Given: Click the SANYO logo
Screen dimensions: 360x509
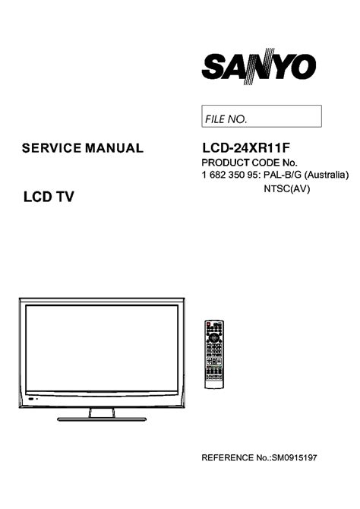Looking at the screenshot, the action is [259, 67].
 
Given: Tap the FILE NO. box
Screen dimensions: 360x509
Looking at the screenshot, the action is [261, 116].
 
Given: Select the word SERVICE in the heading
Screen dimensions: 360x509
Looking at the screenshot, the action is [52, 148].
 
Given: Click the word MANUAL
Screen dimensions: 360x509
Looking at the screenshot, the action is [114, 148].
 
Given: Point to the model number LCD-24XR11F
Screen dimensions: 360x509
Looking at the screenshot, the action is [246, 148].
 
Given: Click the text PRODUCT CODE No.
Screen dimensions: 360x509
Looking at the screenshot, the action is [250, 163].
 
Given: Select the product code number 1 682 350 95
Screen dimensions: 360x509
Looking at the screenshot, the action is [230, 175].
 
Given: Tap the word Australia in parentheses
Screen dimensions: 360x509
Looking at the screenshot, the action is [327, 175].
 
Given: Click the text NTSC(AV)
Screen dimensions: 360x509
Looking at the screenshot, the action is [287, 188].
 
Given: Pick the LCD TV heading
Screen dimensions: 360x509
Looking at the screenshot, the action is [49, 197].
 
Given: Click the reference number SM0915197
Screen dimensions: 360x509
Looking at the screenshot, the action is [294, 457].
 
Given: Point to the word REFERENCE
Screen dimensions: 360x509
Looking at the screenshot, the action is [227, 457].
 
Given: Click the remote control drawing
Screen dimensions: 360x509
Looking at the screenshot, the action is [214, 354].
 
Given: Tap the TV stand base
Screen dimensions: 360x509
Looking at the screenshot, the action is [102, 419].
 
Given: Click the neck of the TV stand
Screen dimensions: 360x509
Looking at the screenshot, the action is [102, 413].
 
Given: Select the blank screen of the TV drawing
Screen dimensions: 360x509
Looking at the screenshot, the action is [102, 348].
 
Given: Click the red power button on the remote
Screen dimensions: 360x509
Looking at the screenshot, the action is [208, 324].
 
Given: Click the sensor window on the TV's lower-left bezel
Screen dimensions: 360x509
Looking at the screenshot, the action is [31, 399].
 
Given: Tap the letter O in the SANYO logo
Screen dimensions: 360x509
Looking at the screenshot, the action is [304, 67].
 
